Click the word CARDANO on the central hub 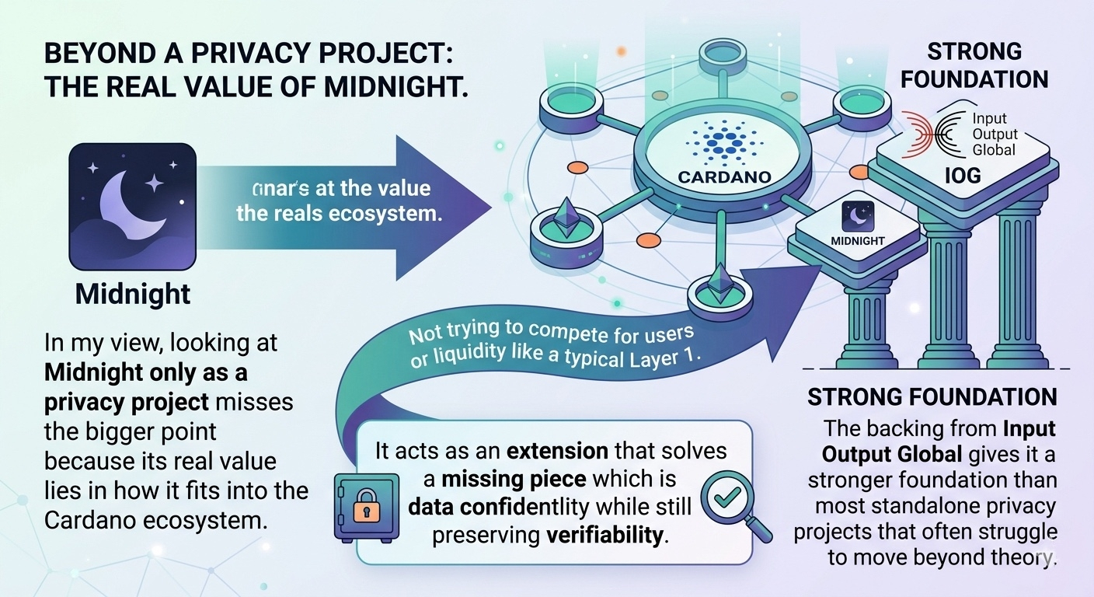pos(724,177)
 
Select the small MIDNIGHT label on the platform pos(858,241)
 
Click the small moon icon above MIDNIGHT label pos(859,215)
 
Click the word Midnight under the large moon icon pos(133,294)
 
